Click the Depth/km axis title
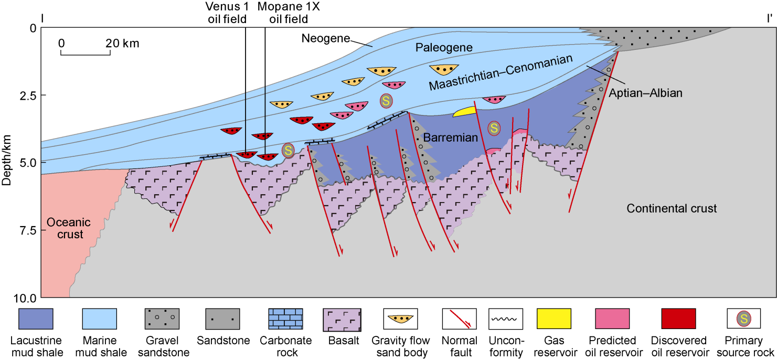click(7, 163)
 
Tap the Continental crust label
click(672, 209)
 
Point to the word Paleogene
click(444, 48)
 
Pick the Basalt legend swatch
click(342, 319)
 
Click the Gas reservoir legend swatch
click(554, 319)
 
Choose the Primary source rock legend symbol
click(744, 319)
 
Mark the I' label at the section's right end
click(769, 19)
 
